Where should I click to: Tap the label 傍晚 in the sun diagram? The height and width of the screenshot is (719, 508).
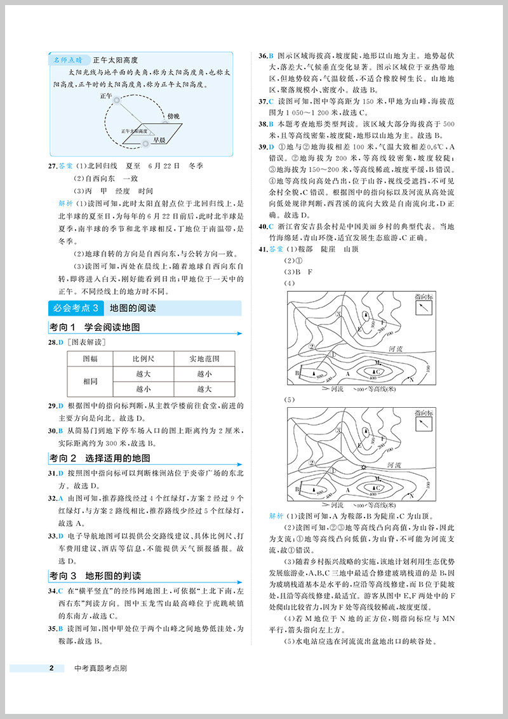pyautogui.click(x=173, y=115)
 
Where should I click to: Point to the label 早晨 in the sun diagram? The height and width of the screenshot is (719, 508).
pyautogui.click(x=166, y=141)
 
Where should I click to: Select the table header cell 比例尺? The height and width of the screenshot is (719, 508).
pyautogui.click(x=143, y=359)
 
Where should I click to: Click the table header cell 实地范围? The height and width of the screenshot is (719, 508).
pyautogui.click(x=204, y=359)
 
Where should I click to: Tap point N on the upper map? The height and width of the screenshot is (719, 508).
pyautogui.click(x=411, y=379)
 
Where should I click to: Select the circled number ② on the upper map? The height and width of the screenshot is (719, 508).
pyautogui.click(x=312, y=347)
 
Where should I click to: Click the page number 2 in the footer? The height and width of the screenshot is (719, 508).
pyautogui.click(x=52, y=668)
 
